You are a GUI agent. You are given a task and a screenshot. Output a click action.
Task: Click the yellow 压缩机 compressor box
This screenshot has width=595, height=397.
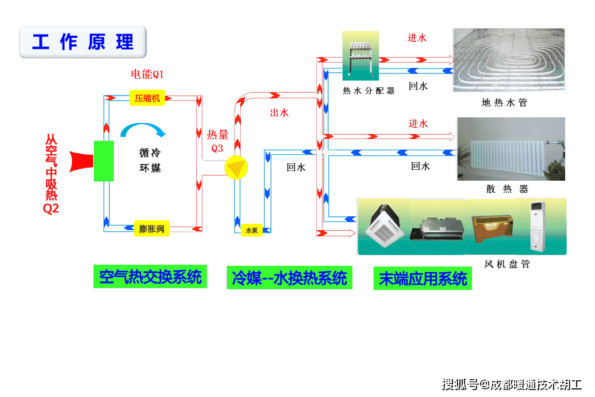pyautogui.click(x=148, y=98)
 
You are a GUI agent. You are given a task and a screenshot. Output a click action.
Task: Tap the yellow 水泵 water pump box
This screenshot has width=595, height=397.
pyautogui.click(x=251, y=230)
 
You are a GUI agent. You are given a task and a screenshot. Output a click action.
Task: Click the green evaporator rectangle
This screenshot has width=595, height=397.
pyautogui.click(x=104, y=161)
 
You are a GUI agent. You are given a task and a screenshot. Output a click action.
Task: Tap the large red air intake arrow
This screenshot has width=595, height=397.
pyautogui.click(x=81, y=161)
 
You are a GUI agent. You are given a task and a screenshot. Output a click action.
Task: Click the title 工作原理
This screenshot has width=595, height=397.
pyautogui.click(x=83, y=42)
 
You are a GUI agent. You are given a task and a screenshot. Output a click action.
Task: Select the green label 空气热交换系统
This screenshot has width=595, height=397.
pyautogui.click(x=150, y=277)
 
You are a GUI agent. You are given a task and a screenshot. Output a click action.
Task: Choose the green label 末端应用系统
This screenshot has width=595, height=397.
pyautogui.click(x=423, y=279)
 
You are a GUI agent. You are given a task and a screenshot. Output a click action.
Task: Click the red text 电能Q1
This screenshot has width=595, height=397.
pyautogui.click(x=147, y=74)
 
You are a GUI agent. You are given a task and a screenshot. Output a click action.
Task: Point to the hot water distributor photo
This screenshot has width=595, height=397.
pyautogui.click(x=361, y=56)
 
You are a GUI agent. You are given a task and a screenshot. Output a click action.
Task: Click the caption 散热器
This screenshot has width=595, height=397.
pyautogui.click(x=506, y=189)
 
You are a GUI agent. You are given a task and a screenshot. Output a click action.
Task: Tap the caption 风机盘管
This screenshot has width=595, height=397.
pyautogui.click(x=506, y=264)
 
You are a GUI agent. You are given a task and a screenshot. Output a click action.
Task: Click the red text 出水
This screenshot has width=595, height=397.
pyautogui.click(x=279, y=113)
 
